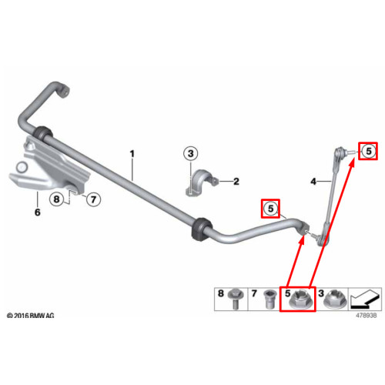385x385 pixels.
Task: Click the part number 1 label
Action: coord(132,154)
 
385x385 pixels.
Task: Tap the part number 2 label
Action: coord(236,182)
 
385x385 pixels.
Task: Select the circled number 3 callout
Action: coord(191,153)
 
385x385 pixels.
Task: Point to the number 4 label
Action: coord(313,182)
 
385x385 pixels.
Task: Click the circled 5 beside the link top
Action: coord(369,151)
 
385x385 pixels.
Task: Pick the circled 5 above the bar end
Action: coord(271,209)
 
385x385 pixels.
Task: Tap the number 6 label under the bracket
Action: coord(38,213)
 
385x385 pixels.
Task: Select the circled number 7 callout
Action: coord(93,199)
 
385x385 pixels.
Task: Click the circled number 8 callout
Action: coord(56,199)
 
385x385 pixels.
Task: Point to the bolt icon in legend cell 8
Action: coord(234,300)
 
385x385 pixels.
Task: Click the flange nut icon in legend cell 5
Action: coord(300,300)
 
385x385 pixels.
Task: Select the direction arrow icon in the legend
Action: coord(365,299)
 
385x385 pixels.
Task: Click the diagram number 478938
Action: coord(367,316)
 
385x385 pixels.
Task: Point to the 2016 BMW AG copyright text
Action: coord(31,316)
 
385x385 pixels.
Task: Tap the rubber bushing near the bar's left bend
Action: coord(43,133)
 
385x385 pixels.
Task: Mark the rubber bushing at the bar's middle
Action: coord(202,229)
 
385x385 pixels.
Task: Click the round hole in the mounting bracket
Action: coord(22,167)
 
